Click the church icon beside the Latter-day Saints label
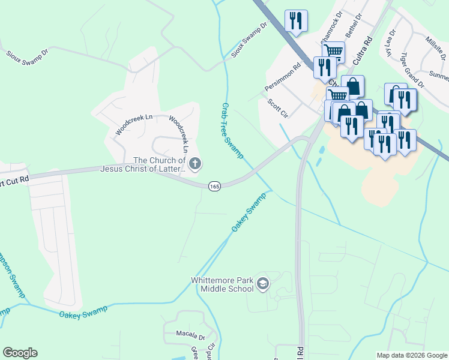click(x=194, y=164)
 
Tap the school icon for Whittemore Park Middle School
click(x=262, y=284)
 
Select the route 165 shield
click(x=214, y=187)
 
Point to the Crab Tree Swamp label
click(x=232, y=130)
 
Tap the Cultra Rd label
click(x=363, y=52)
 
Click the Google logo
click(x=20, y=353)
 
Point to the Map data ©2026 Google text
click(x=411, y=355)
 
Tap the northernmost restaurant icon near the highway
click(x=296, y=20)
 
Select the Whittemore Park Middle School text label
click(x=222, y=284)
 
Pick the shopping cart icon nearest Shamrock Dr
click(x=333, y=52)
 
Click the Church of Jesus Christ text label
click(x=159, y=164)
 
